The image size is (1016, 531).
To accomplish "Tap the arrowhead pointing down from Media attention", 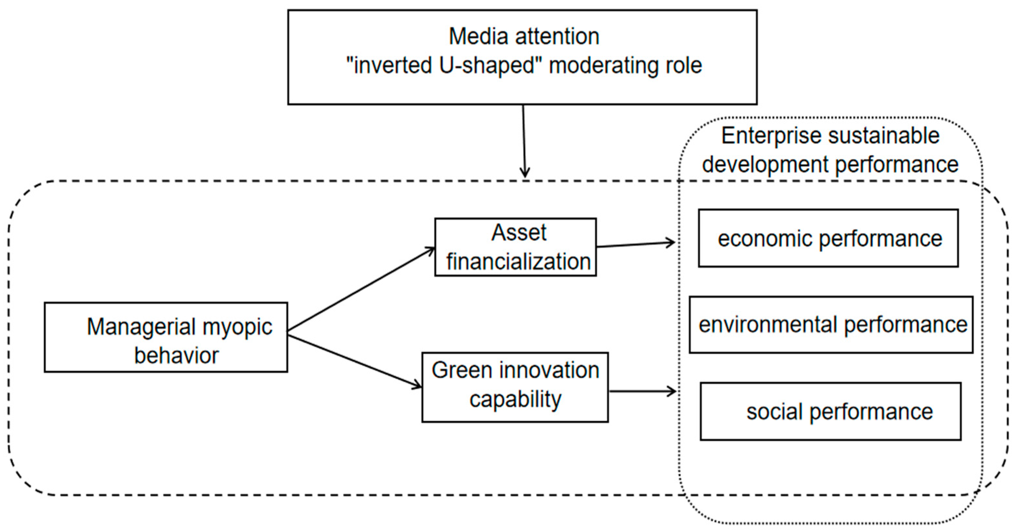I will [525, 173].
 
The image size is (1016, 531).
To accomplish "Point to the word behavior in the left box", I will [176, 356].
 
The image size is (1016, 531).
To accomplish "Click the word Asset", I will [519, 232].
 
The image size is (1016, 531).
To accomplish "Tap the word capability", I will [515, 399].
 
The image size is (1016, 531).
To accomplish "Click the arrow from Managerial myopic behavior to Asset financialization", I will [361, 289].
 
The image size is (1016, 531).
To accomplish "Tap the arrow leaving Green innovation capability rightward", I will [643, 391].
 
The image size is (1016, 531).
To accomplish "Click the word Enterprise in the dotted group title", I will [771, 136].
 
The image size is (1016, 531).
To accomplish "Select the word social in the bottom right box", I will [774, 412].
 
